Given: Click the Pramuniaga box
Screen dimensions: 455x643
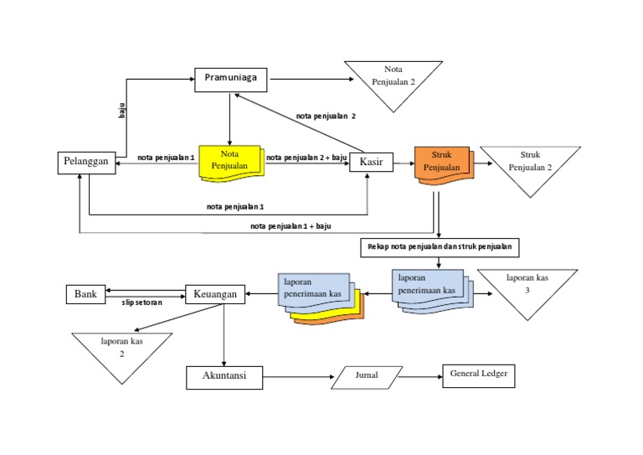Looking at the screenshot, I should tap(230, 80).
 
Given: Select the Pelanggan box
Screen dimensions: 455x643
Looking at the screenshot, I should tap(87, 163).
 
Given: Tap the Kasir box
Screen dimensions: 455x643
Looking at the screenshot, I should tap(371, 162).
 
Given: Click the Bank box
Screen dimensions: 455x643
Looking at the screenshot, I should tap(85, 295).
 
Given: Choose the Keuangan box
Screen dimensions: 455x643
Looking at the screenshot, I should tap(214, 295).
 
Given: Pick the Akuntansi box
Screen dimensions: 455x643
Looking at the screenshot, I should tap(224, 377).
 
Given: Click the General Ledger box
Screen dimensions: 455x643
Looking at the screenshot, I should tap(478, 376).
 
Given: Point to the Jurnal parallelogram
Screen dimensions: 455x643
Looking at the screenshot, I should tap(367, 378).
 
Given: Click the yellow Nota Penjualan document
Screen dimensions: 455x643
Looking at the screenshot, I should tap(229, 159).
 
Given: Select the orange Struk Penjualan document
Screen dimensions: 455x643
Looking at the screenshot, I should tap(441, 162).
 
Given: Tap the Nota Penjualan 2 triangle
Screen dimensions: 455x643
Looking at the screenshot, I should tap(394, 80).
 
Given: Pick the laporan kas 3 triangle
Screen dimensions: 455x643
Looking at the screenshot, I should tap(527, 287).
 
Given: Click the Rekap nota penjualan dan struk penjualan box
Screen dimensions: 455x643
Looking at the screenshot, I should tap(440, 248).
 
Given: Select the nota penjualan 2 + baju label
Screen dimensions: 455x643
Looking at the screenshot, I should tap(306, 157).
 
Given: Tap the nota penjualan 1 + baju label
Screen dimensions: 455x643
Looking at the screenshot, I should tap(291, 226).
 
